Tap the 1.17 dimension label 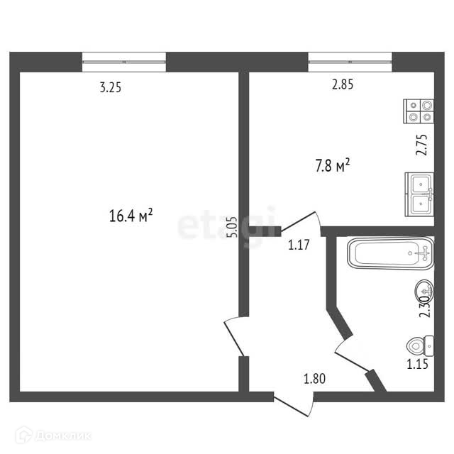(299, 246)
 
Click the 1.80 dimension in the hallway (315, 379)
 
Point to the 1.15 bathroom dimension (419, 365)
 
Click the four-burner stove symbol (419, 111)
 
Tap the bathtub (389, 253)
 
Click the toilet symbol (419, 345)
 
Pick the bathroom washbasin (424, 289)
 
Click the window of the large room (124, 62)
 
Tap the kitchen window (350, 62)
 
